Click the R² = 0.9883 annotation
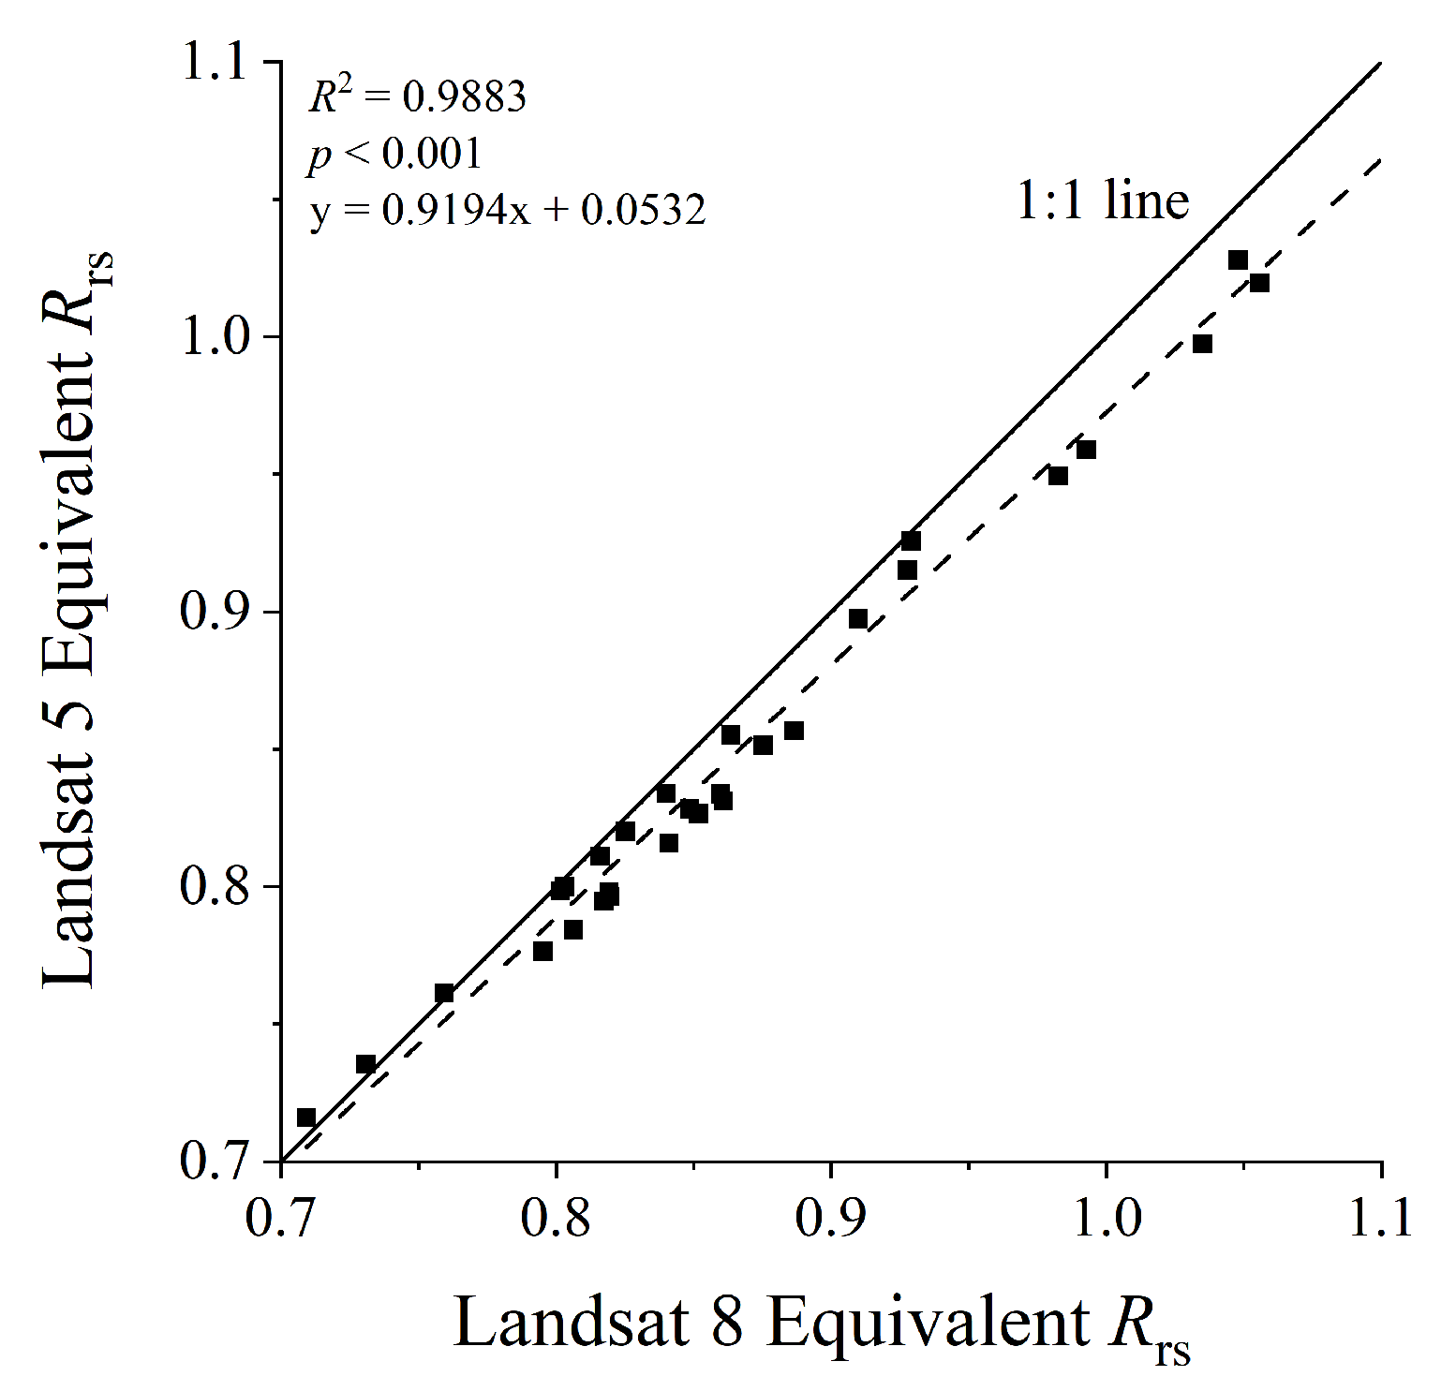pos(417,96)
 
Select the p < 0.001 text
pos(394,154)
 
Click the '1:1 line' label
pos(1103,200)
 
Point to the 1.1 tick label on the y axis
pos(218,63)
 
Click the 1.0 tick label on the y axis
pos(218,337)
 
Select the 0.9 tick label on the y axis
pos(218,613)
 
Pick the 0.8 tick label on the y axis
pos(218,887)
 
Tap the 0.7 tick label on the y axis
pos(218,1162)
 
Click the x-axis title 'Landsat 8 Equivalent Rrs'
pos(822,1325)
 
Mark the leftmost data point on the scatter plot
pos(306,1117)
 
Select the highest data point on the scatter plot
pos(1238,259)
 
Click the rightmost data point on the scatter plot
pos(1259,282)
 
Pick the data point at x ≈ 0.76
pos(444,993)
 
